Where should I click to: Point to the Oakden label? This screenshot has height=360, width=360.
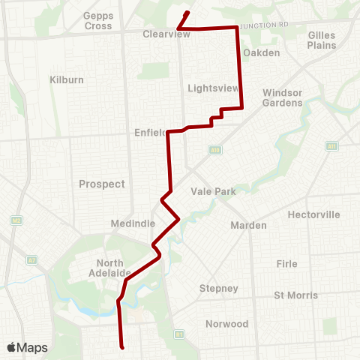coord(262,52)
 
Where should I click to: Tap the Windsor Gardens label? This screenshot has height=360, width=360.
coord(283,97)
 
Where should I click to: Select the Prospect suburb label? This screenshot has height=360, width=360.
coord(102,184)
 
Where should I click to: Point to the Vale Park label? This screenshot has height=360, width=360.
coord(214,191)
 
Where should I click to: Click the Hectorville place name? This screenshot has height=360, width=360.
coord(313,214)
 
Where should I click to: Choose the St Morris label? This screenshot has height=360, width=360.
coord(295,295)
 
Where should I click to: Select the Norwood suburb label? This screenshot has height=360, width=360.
coord(227,324)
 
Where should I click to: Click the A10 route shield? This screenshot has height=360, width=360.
coord(215,150)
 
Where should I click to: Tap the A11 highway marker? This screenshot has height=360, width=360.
coord(331,145)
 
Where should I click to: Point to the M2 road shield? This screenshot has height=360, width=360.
coord(15,220)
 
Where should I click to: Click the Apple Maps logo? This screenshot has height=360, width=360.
coord(26,347)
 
